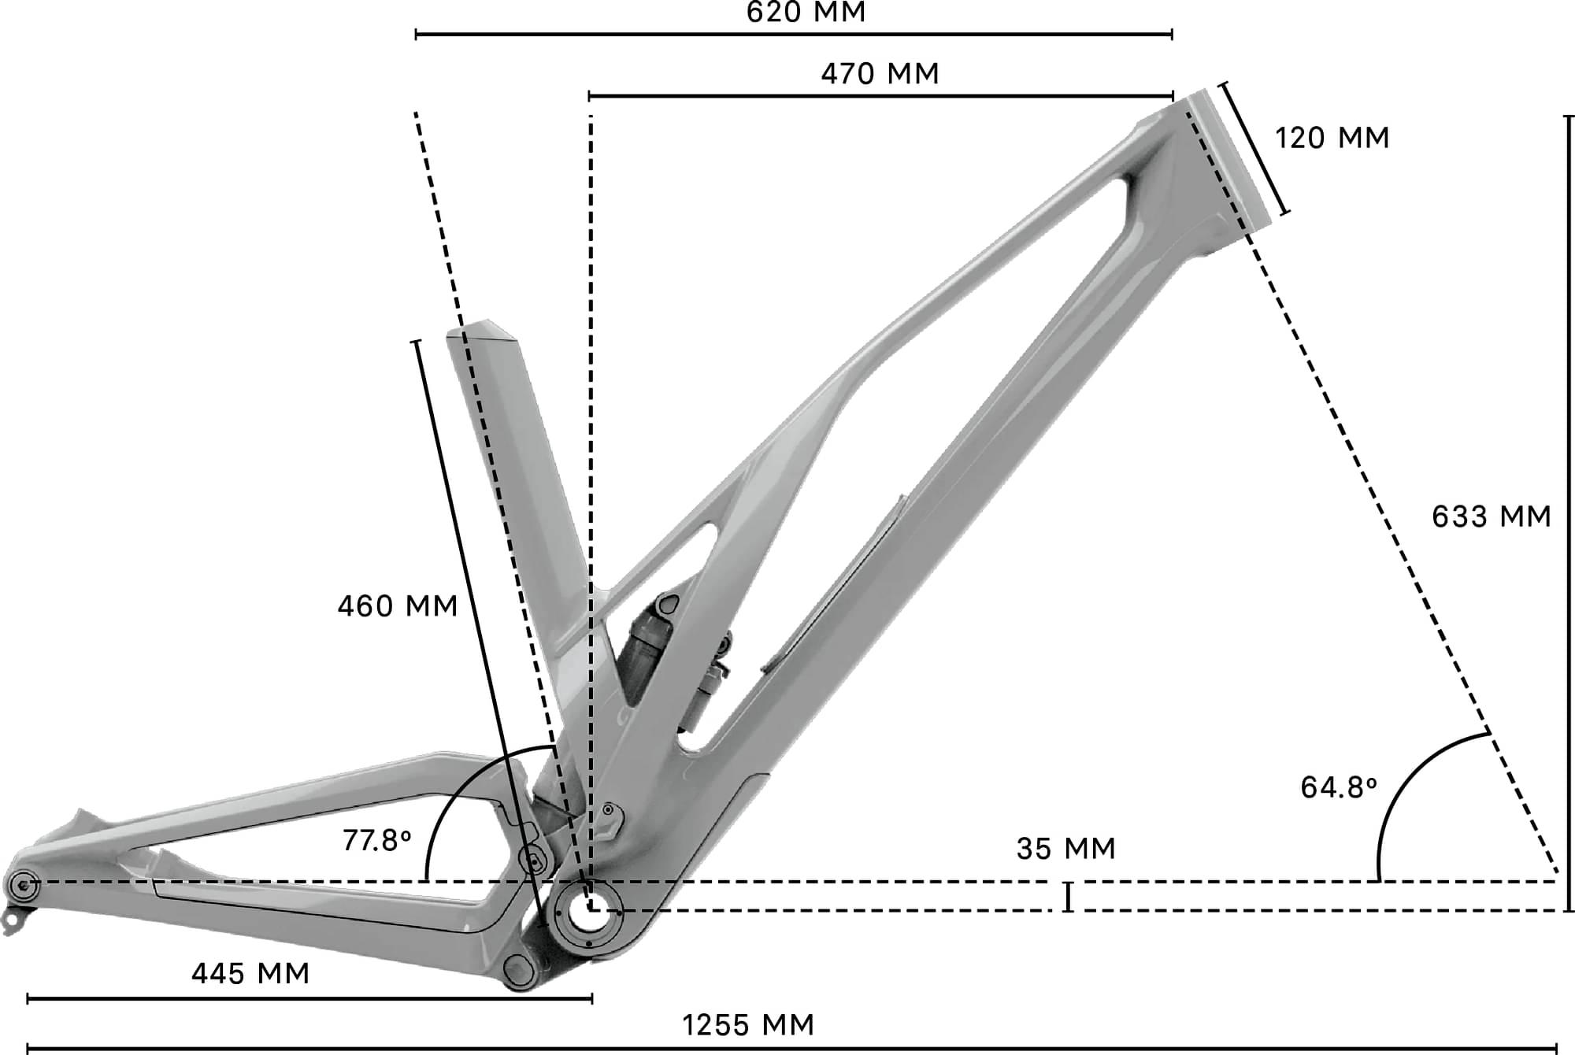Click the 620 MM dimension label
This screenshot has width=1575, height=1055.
pos(806,13)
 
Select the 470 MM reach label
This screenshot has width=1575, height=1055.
pos(880,74)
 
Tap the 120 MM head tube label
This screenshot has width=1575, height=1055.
pos(1332,138)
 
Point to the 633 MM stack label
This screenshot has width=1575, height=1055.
pos(1491,516)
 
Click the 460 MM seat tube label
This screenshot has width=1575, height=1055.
pos(398,606)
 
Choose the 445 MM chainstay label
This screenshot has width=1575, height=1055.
pos(250,974)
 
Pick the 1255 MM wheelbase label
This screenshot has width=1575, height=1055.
pos(748,1025)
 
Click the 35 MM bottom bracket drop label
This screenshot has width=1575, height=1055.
pos(1066,849)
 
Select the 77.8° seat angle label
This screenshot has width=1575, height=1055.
pos(376,841)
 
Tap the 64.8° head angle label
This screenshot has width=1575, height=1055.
pos(1338,787)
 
